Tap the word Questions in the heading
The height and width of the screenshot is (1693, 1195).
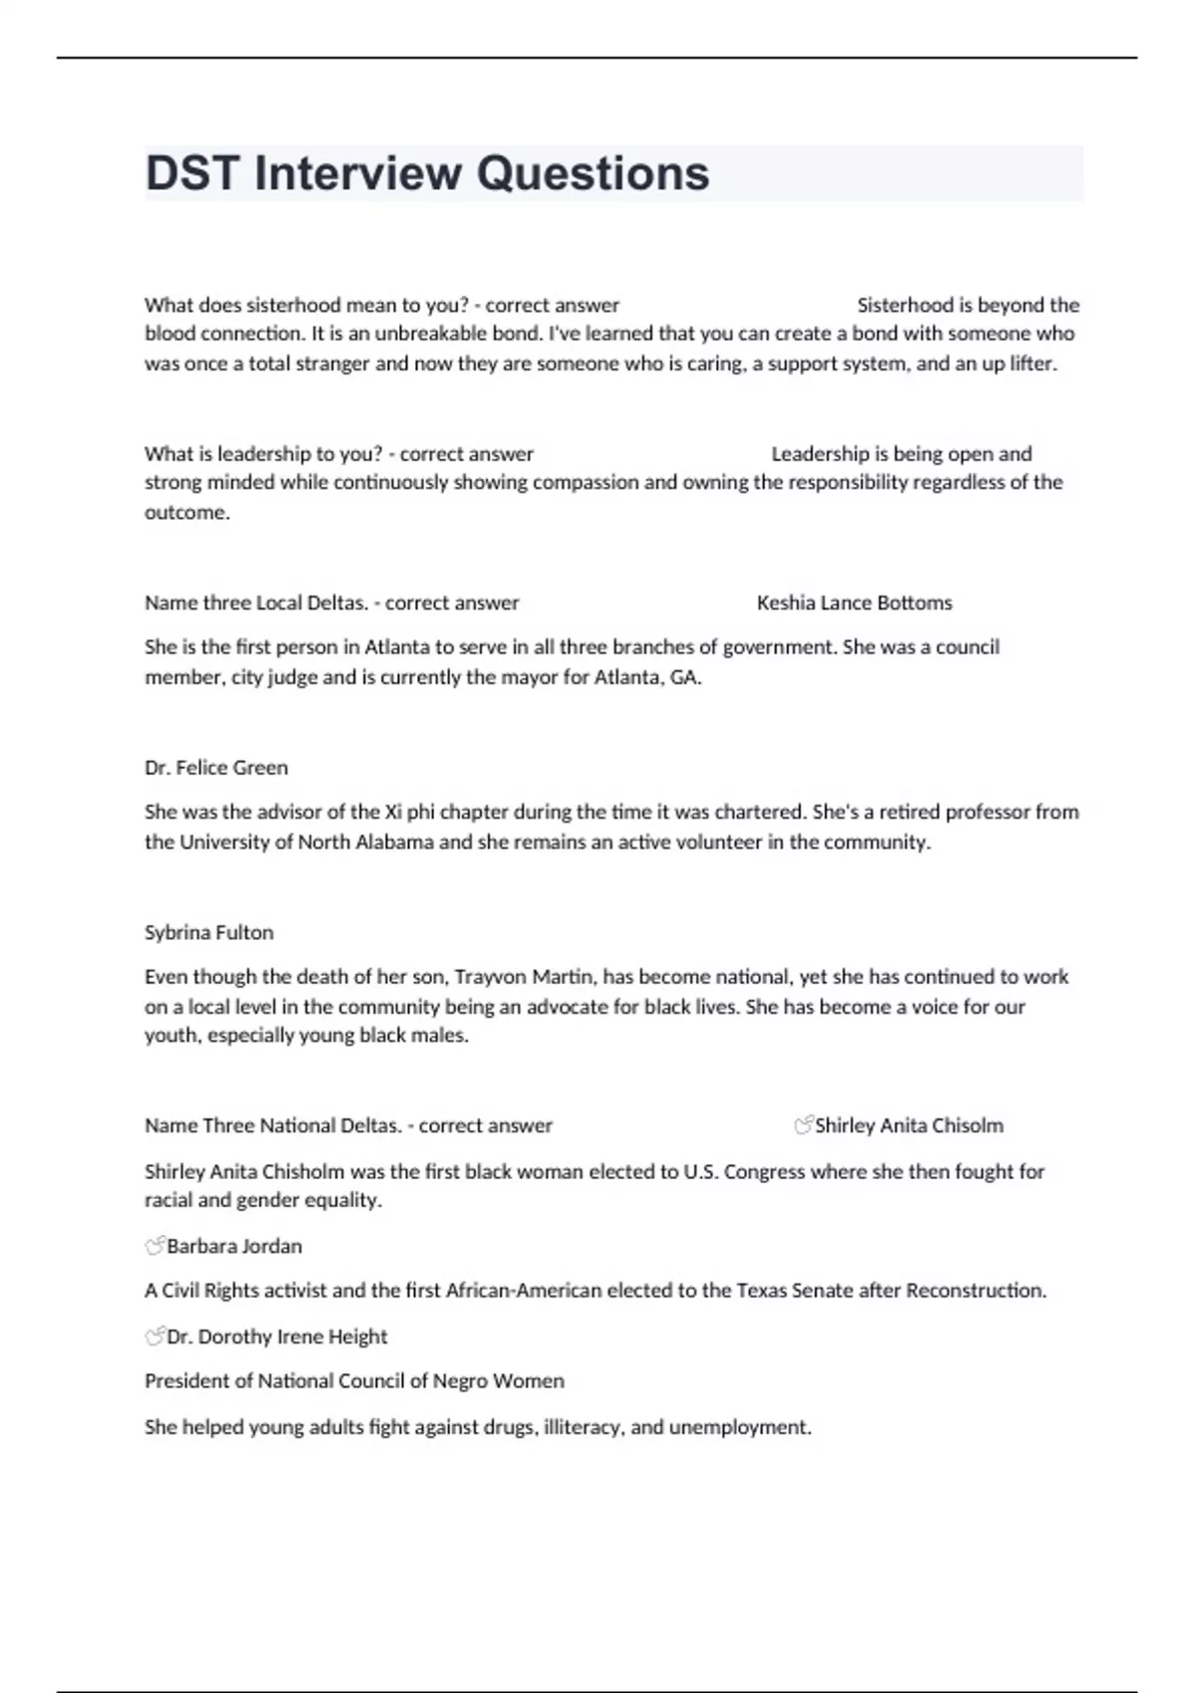[x=593, y=173]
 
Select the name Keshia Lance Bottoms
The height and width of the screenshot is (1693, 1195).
[x=853, y=603]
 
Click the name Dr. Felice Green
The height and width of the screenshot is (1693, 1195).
[x=216, y=768]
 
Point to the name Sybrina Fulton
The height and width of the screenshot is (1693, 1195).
[x=209, y=932]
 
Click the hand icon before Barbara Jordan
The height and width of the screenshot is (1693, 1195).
[x=154, y=1246]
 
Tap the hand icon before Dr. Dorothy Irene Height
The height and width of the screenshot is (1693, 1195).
[x=154, y=1336]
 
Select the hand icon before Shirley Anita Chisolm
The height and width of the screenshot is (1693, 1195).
[x=803, y=1125]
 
